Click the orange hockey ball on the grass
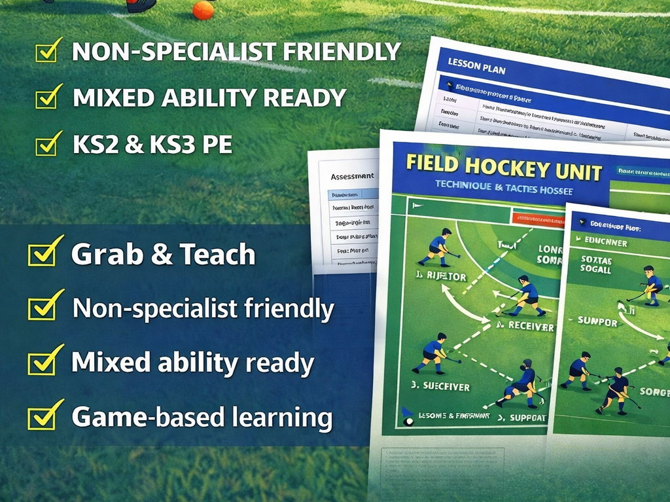(203, 10)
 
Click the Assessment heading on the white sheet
(352, 176)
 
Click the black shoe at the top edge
(141, 5)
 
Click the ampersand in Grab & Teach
(162, 255)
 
